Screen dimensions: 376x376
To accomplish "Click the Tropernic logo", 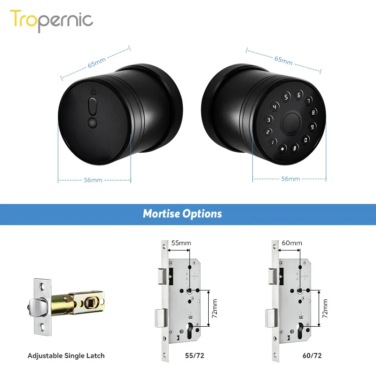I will (52, 20).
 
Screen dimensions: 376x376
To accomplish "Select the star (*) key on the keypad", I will (283, 149).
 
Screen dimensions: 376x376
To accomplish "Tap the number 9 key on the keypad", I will (311, 126).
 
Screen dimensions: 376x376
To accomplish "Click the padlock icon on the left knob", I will (93, 92).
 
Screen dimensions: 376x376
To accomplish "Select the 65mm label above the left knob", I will (96, 62).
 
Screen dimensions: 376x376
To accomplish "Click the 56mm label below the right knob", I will (290, 179).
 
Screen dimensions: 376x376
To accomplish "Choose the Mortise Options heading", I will (182, 214).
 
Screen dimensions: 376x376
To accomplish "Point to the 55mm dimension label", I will (181, 243).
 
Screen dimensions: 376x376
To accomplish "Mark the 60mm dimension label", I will (292, 243).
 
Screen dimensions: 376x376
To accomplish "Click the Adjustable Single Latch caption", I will (66, 356).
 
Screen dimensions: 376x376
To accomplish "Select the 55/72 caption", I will (181, 356).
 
